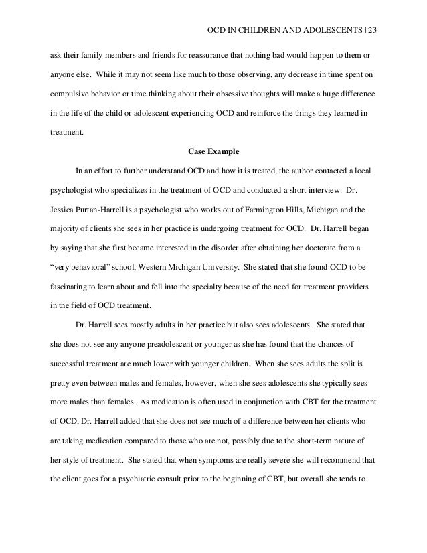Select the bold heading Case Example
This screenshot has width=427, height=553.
[x=213, y=151]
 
